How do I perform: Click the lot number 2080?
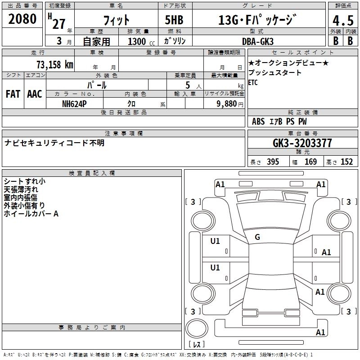click(22, 19)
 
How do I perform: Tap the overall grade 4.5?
click(342, 21)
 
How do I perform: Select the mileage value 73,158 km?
click(54, 64)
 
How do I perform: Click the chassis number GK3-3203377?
click(302, 144)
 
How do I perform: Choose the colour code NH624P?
click(75, 103)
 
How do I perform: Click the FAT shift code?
click(13, 94)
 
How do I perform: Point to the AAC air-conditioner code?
click(35, 94)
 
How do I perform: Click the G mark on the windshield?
click(257, 237)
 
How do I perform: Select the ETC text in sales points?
click(253, 83)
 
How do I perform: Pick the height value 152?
click(346, 162)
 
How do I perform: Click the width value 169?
click(310, 162)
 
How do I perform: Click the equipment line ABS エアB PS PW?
click(279, 121)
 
